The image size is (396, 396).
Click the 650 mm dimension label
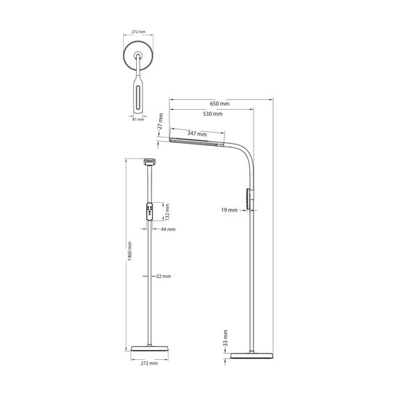coord(220,104)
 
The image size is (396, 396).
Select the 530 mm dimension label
coord(213,114)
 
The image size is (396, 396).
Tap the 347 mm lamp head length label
coord(197,133)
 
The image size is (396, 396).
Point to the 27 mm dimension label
coord(160,121)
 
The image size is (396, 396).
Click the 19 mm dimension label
coord(229,210)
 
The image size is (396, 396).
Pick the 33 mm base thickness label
coord(226,338)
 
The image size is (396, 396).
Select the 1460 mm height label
coord(129,251)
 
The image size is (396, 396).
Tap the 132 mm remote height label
coord(167,212)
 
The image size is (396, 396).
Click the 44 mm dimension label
coord(168,229)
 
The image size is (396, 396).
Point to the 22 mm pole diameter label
coord(163,277)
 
